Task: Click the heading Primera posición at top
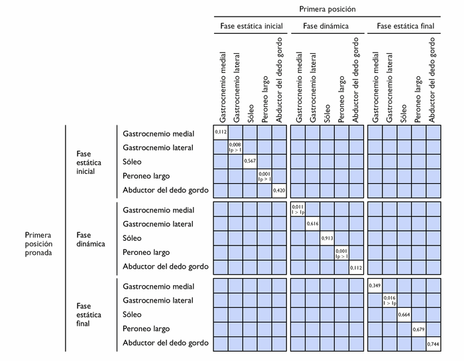tap(327, 9)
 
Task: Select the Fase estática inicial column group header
tap(251, 27)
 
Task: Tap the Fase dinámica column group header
tap(327, 27)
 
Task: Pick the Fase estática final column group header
tap(404, 27)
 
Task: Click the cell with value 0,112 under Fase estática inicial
tap(221, 133)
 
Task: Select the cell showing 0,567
tap(250, 161)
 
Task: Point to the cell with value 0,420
tap(279, 190)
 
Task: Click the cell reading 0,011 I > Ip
tap(298, 210)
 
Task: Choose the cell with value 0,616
tap(313, 224)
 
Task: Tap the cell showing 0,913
tap(327, 238)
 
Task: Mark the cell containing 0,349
tap(375, 286)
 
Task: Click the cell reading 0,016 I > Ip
tap(389, 301)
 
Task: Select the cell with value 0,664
tap(404, 315)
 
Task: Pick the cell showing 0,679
tap(418, 329)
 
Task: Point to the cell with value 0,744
tap(433, 344)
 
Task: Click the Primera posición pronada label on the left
tap(38, 244)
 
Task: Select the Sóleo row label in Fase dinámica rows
tap(133, 238)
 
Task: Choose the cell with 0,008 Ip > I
tap(235, 147)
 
